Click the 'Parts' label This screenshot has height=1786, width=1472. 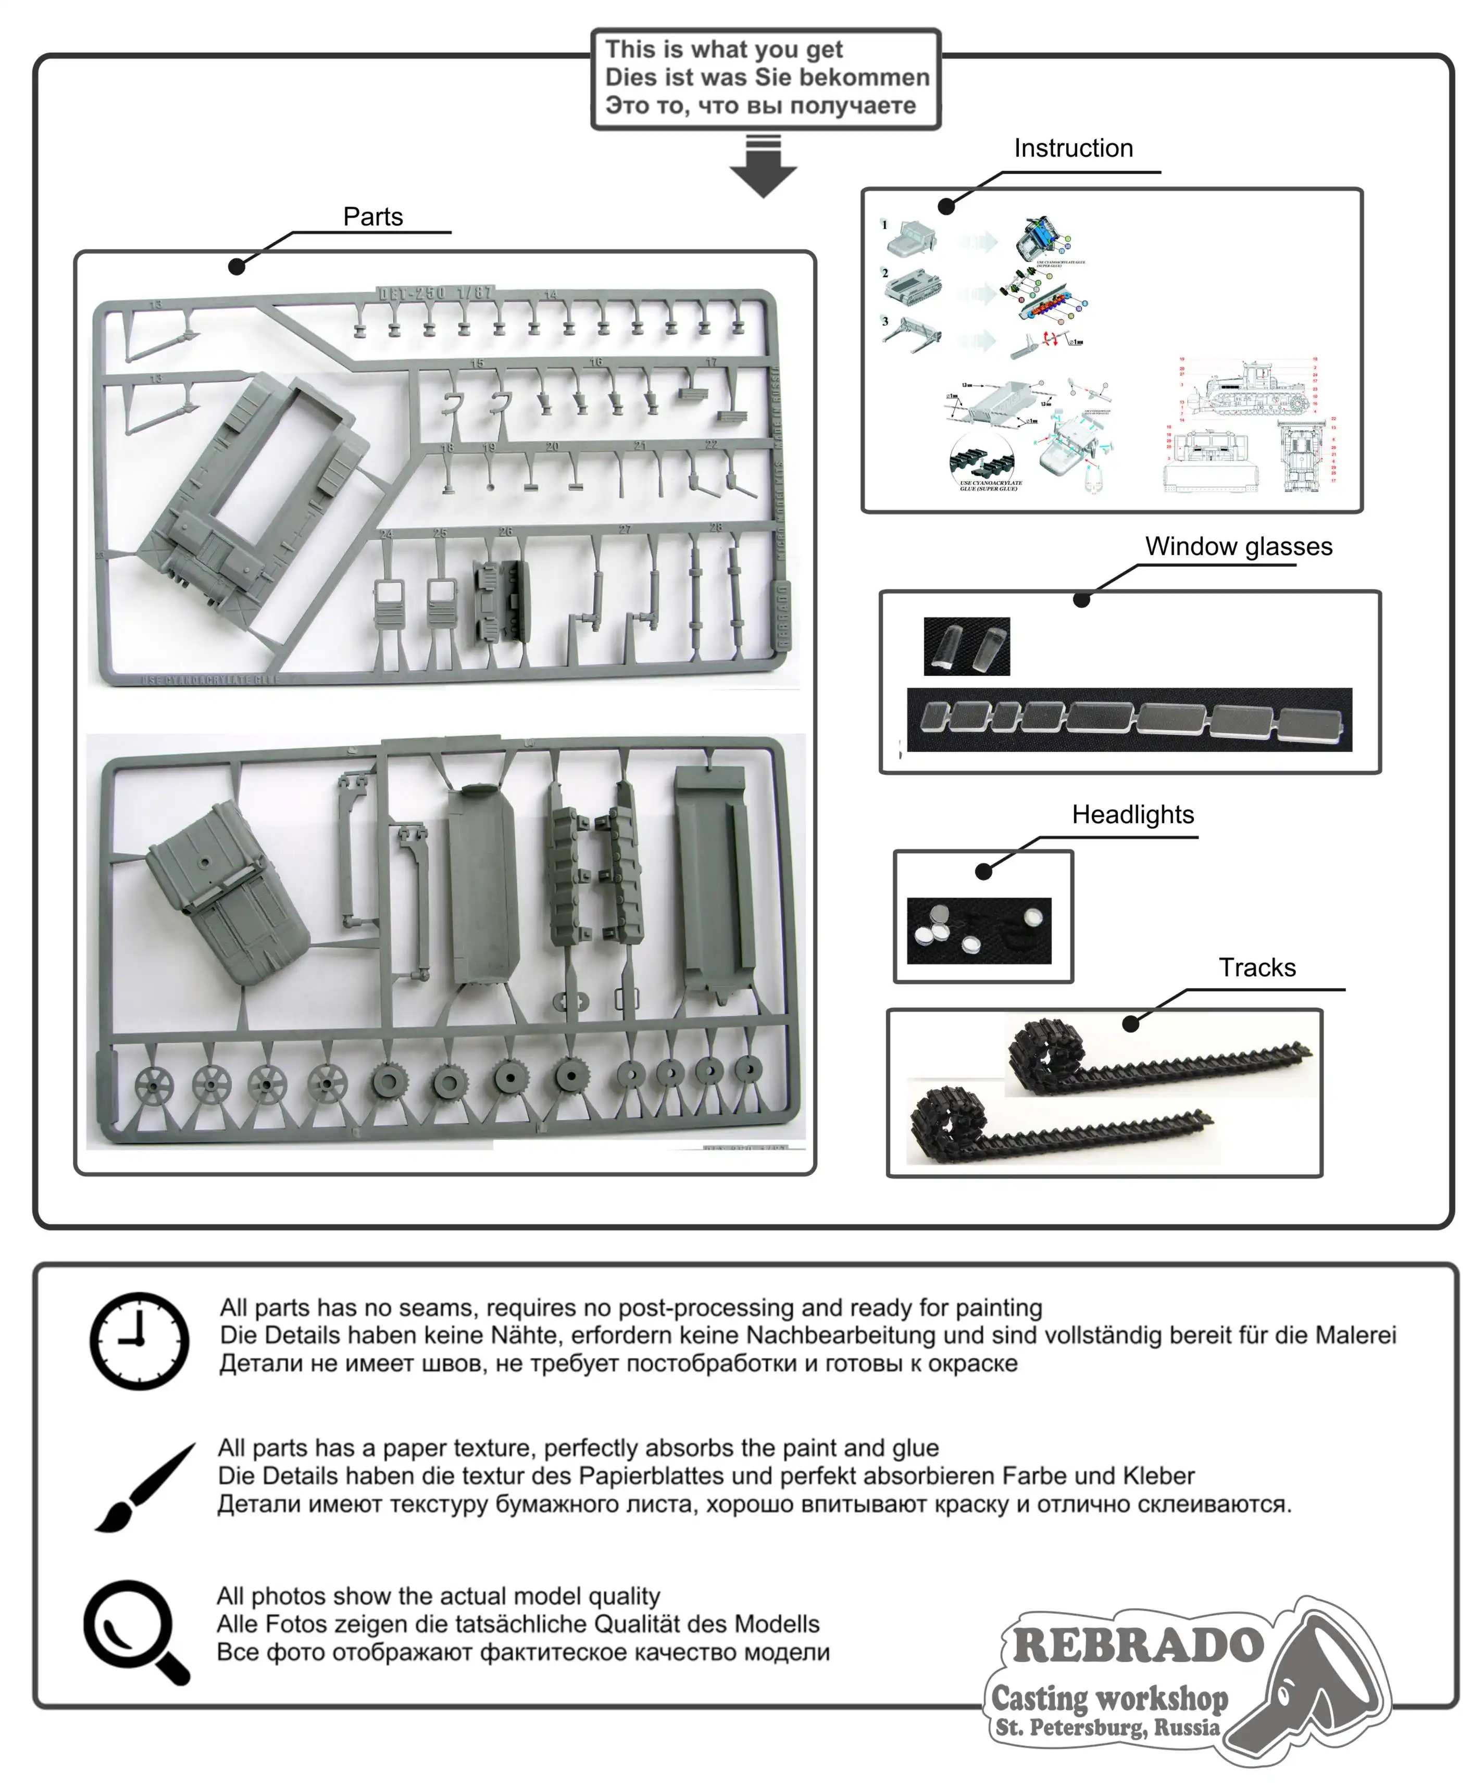[x=372, y=217]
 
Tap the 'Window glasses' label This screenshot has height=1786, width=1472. [x=1238, y=547]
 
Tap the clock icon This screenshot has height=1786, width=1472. [x=140, y=1340]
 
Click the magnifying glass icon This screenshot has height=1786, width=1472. [x=135, y=1630]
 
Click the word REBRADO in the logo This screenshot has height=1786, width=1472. [x=1138, y=1645]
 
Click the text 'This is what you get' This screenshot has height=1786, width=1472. [x=723, y=49]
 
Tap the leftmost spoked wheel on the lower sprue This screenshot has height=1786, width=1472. [x=154, y=1086]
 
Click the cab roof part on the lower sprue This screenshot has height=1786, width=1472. [x=227, y=895]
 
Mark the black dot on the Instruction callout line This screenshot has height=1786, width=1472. [x=946, y=206]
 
